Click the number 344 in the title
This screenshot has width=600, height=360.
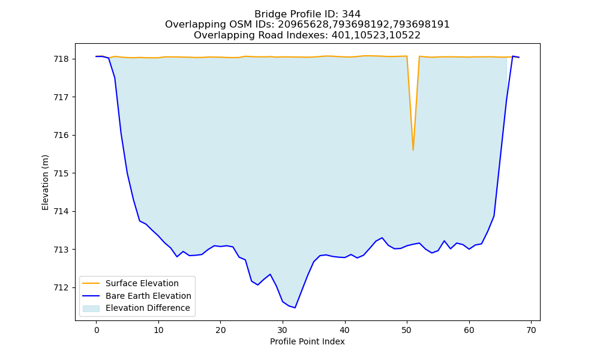pos(351,14)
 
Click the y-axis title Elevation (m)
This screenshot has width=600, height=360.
pos(45,182)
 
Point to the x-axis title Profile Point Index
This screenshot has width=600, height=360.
pos(307,341)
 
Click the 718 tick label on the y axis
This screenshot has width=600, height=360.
pos(61,59)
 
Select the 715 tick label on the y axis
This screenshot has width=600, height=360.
pos(61,173)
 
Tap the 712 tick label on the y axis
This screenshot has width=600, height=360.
pos(61,287)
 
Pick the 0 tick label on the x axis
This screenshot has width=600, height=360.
pos(97,330)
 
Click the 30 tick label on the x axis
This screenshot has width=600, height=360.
pos(283,330)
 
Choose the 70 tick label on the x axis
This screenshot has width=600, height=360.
pos(531,330)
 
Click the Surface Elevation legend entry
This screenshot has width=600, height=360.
pos(142,283)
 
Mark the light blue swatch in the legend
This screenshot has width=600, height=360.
pos(91,308)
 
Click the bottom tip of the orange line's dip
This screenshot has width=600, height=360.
pos(413,151)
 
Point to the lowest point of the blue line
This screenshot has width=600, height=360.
pos(295,308)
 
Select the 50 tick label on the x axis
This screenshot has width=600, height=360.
pos(407,330)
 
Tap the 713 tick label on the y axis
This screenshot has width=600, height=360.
pos(61,250)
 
